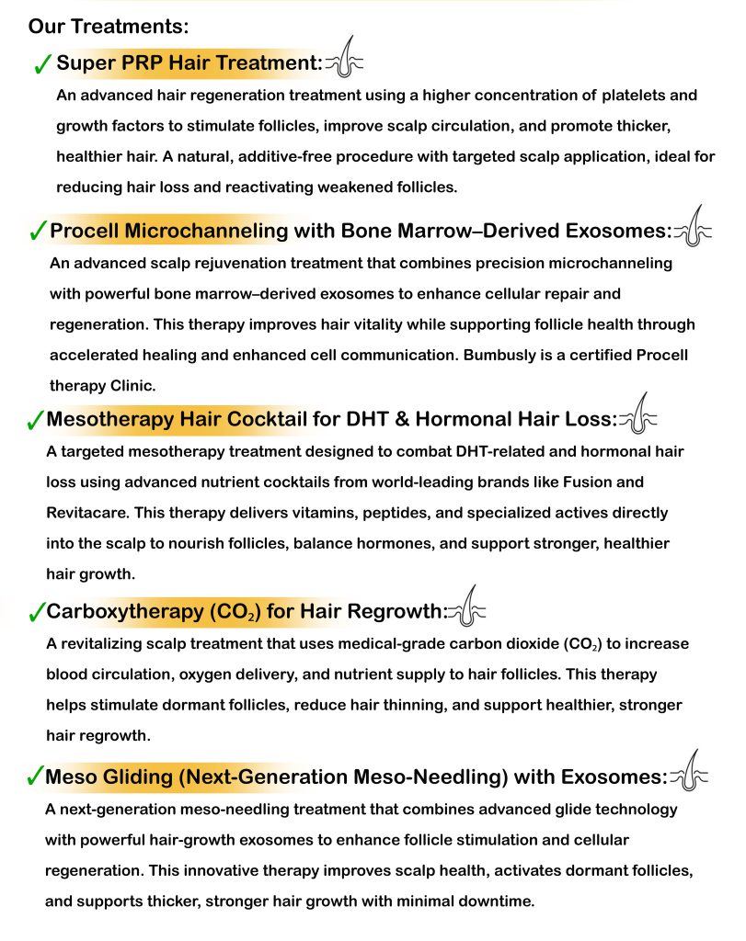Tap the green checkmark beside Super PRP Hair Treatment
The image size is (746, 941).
pyautogui.click(x=41, y=63)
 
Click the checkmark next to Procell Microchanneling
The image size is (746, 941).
pyautogui.click(x=37, y=231)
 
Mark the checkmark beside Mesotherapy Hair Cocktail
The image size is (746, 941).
pyautogui.click(x=34, y=421)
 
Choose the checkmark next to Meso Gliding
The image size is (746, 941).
pyautogui.click(x=34, y=777)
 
